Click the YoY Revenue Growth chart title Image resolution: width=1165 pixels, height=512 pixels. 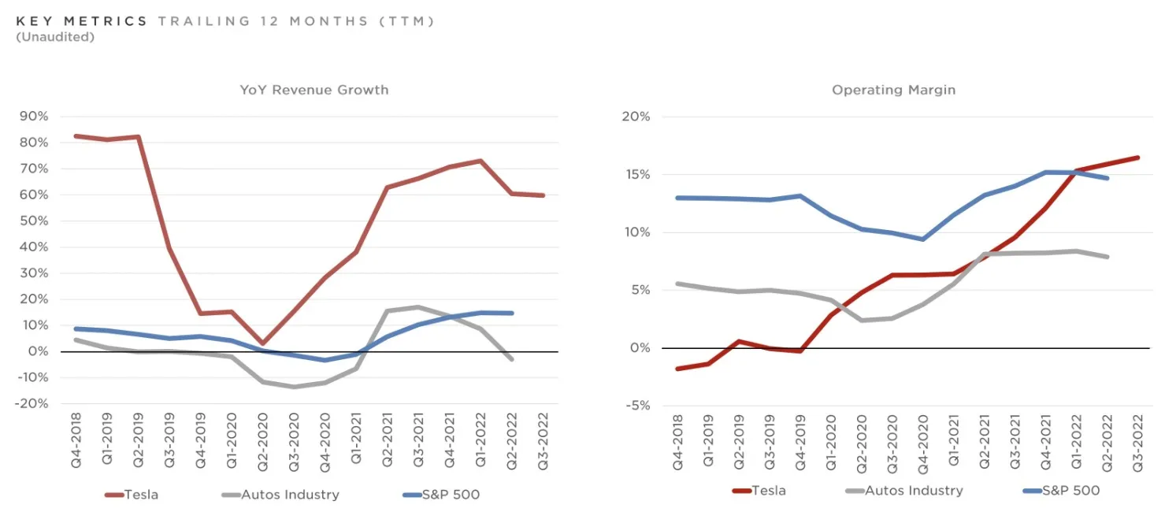click(314, 90)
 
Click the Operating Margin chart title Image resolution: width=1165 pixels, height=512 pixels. click(893, 90)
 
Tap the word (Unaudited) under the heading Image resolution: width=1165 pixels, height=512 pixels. click(55, 38)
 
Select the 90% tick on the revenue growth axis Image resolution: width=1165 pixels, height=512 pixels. click(34, 116)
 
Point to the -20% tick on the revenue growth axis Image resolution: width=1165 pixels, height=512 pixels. click(32, 403)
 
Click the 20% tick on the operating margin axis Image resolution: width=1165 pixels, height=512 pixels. click(636, 116)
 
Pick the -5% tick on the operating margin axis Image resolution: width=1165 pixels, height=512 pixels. click(638, 406)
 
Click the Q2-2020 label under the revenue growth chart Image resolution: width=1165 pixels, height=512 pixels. click(262, 442)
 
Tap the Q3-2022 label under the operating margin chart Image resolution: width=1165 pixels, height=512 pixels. click(1137, 443)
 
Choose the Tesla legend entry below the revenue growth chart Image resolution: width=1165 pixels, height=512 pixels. click(132, 495)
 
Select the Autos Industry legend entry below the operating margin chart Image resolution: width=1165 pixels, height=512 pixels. click(904, 491)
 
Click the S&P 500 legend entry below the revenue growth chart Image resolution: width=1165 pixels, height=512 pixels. click(441, 495)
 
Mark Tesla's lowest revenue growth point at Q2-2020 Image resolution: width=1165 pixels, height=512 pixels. click(262, 343)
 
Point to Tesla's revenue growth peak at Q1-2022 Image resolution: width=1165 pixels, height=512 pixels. click(480, 161)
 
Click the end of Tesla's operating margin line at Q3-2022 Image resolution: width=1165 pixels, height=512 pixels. click(1137, 158)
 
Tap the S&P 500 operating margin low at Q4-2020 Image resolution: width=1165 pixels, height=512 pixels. click(922, 239)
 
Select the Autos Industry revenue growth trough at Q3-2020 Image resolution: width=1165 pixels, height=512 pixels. click(294, 387)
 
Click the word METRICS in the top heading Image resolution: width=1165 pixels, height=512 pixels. click(106, 21)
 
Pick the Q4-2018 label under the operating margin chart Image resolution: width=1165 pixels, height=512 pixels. click(677, 443)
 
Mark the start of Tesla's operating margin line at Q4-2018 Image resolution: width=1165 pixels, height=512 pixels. click(677, 369)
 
